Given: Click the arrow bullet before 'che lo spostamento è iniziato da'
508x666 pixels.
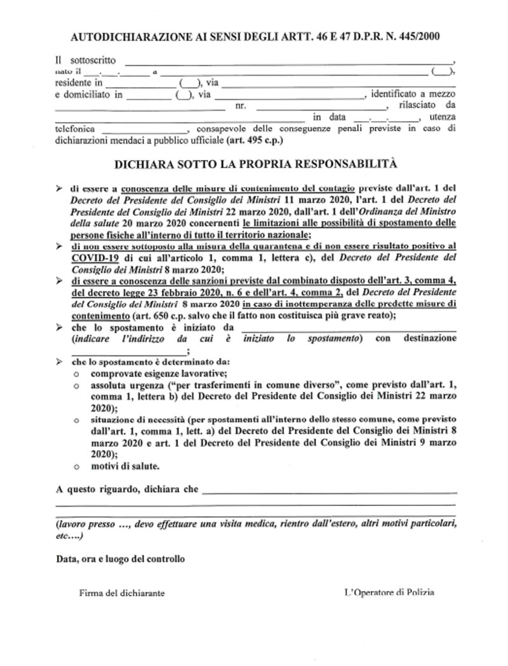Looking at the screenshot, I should (58, 328).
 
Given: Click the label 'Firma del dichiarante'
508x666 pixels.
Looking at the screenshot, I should (122, 592).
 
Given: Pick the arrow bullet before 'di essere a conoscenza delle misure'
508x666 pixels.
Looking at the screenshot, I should (58, 189).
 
